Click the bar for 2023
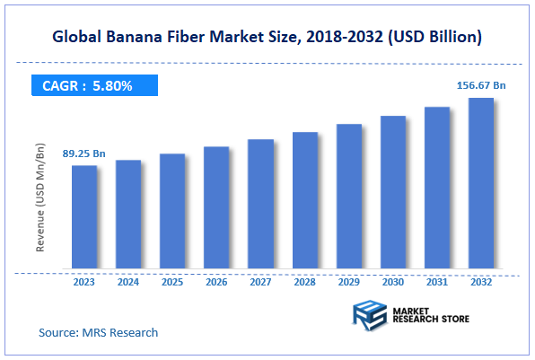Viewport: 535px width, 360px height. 84,216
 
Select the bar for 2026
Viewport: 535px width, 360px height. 216,207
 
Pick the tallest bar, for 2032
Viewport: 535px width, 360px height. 481,183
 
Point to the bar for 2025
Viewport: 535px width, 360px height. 172,211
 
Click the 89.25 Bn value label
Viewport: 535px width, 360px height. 83,154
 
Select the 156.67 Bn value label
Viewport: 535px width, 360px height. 479,85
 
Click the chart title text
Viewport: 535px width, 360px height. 267,37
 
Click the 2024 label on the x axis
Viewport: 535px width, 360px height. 128,283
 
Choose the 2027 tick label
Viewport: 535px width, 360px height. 260,283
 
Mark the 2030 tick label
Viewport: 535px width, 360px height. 393,283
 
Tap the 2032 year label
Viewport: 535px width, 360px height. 481,283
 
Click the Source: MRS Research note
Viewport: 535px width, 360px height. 98,332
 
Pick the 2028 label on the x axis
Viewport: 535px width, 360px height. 304,283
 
